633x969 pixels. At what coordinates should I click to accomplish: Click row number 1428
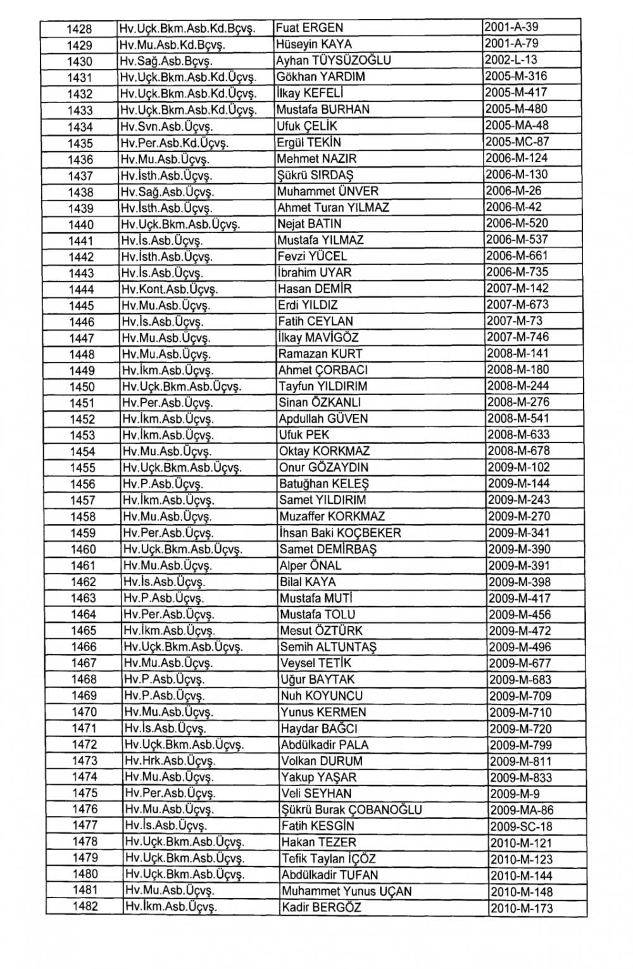click(80, 28)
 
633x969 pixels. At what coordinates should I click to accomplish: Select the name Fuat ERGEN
click(310, 28)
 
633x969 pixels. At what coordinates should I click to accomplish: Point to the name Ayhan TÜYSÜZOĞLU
click(334, 61)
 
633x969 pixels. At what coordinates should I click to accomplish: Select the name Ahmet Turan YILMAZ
click(334, 208)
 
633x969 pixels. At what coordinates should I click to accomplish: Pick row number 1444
click(81, 289)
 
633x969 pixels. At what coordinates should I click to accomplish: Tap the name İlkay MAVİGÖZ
click(318, 338)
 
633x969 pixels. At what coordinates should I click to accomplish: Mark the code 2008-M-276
click(518, 403)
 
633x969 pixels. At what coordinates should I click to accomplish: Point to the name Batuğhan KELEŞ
click(324, 484)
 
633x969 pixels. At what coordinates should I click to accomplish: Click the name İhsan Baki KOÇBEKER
click(340, 533)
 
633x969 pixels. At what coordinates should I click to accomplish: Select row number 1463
click(84, 598)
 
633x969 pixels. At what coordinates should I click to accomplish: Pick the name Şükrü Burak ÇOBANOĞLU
click(351, 810)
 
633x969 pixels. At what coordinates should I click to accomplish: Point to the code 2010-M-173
click(521, 908)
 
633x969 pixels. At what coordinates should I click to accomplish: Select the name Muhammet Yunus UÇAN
click(346, 891)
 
